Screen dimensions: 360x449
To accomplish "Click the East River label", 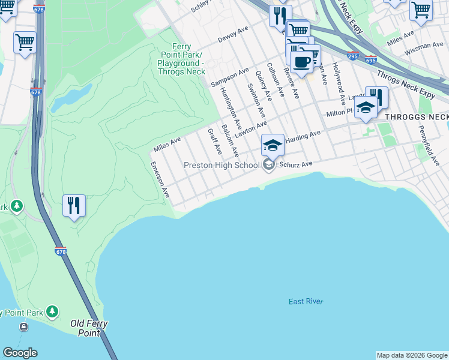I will [x=306, y=301].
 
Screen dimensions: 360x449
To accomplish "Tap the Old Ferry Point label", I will [x=89, y=328].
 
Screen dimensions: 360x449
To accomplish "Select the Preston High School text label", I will [x=221, y=165].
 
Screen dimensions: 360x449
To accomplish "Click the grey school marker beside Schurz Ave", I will [x=269, y=165].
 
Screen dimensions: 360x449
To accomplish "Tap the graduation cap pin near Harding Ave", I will [x=273, y=145].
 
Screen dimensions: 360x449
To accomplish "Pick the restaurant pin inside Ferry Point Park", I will [x=74, y=206].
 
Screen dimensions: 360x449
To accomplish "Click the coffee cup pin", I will [x=301, y=61].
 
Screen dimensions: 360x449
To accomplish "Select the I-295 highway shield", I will [x=353, y=56].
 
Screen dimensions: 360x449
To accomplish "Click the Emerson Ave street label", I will [x=160, y=179].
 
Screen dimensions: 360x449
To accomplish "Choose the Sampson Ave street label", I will [x=229, y=78].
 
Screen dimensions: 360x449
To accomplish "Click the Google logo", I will [x=20, y=353].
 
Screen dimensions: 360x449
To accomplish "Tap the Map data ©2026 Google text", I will [x=412, y=355].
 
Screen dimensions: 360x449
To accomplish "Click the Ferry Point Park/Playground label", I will [x=181, y=59].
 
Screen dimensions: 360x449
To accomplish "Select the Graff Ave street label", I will [x=214, y=141].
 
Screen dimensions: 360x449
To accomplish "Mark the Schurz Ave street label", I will [x=295, y=164].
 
